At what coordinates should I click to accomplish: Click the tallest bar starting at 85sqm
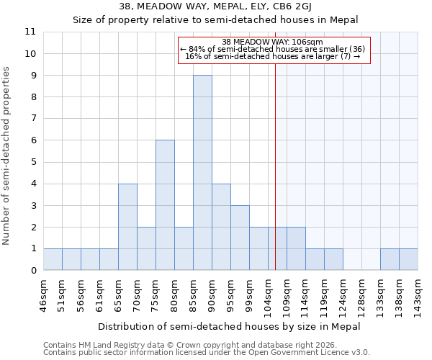[202, 173]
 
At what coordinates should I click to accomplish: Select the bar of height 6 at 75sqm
[165, 205]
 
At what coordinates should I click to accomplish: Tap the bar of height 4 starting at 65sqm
[127, 227]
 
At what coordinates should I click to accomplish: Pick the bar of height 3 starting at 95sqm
[240, 238]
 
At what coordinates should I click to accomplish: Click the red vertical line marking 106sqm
[276, 166]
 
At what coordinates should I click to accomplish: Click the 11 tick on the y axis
[30, 32]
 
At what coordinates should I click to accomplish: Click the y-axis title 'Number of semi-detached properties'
[7, 156]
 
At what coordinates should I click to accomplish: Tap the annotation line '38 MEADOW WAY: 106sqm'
[273, 42]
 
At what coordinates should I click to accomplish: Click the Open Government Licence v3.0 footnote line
[207, 353]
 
